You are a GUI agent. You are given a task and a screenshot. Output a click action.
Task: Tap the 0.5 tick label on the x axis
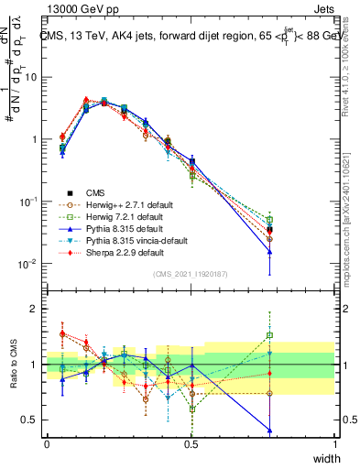(x=191, y=444)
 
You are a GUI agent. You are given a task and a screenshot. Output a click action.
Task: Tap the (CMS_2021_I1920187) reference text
(x=191, y=274)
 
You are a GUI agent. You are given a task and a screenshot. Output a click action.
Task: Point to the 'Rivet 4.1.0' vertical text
(x=346, y=73)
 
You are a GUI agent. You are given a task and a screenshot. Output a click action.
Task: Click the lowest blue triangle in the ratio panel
(x=269, y=430)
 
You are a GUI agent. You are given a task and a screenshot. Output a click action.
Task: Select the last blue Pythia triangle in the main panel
(x=269, y=251)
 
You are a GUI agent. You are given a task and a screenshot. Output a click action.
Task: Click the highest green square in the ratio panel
(x=269, y=335)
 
